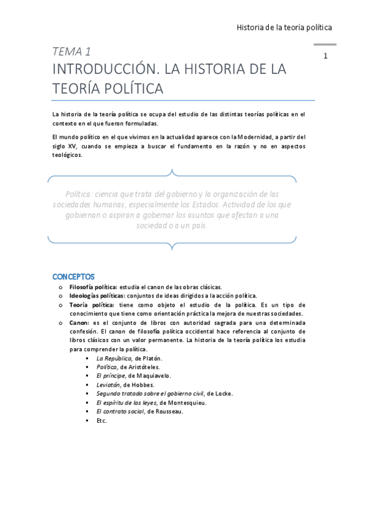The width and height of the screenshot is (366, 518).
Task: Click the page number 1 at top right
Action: pyautogui.click(x=326, y=57)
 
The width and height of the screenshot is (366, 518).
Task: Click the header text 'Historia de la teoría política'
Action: pyautogui.click(x=284, y=28)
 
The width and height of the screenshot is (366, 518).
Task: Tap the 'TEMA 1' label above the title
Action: pyautogui.click(x=71, y=51)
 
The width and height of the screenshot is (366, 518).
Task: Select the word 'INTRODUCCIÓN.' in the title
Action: pyautogui.click(x=101, y=69)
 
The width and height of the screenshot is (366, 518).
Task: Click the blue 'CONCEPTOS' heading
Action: pyautogui.click(x=73, y=277)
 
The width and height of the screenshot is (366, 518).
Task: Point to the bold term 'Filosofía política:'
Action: pyautogui.click(x=93, y=286)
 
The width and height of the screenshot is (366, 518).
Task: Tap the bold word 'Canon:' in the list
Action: pyautogui.click(x=80, y=322)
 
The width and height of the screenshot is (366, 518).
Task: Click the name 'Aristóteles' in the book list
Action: pyautogui.click(x=142, y=367)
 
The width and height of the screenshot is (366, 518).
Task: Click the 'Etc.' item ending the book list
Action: pyautogui.click(x=101, y=421)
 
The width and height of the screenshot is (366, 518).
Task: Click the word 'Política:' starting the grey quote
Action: pyautogui.click(x=82, y=194)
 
